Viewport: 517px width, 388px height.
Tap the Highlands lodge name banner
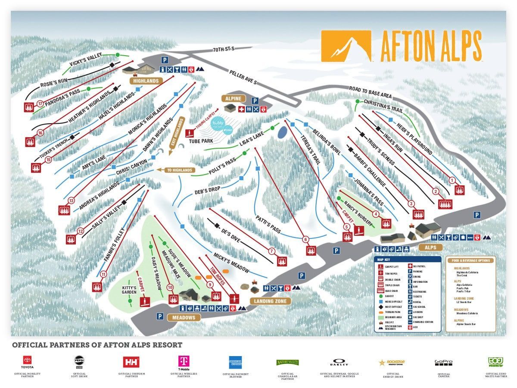coord(145,81)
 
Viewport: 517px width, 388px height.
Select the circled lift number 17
coord(40,103)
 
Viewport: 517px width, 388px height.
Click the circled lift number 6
coord(306,240)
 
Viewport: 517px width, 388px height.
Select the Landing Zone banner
coord(270,301)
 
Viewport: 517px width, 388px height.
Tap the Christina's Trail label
coord(383,106)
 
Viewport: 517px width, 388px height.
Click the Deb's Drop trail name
coord(207,191)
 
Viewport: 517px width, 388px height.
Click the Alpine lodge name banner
coord(234,98)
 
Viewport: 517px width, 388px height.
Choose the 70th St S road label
coord(223,49)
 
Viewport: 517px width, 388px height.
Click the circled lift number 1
coord(452,180)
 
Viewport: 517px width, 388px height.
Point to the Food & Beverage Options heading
coord(471,260)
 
